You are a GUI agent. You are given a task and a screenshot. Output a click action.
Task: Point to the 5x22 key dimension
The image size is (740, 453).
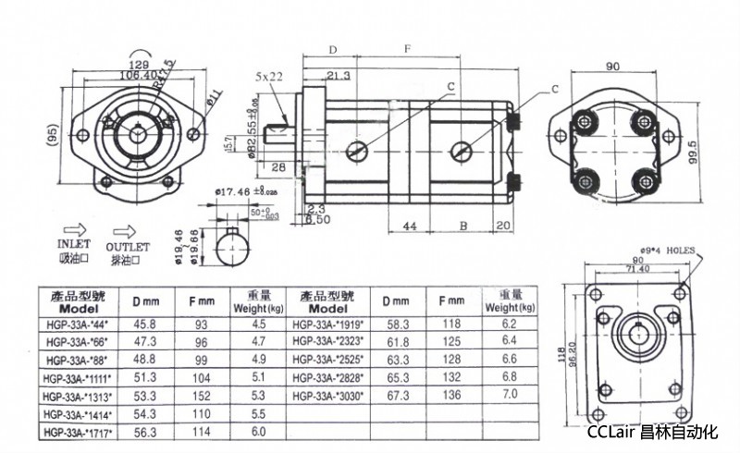click(x=269, y=76)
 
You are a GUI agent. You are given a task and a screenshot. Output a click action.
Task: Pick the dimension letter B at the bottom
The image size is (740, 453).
click(x=463, y=225)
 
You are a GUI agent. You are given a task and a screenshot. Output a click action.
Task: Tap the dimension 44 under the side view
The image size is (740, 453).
click(x=410, y=225)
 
